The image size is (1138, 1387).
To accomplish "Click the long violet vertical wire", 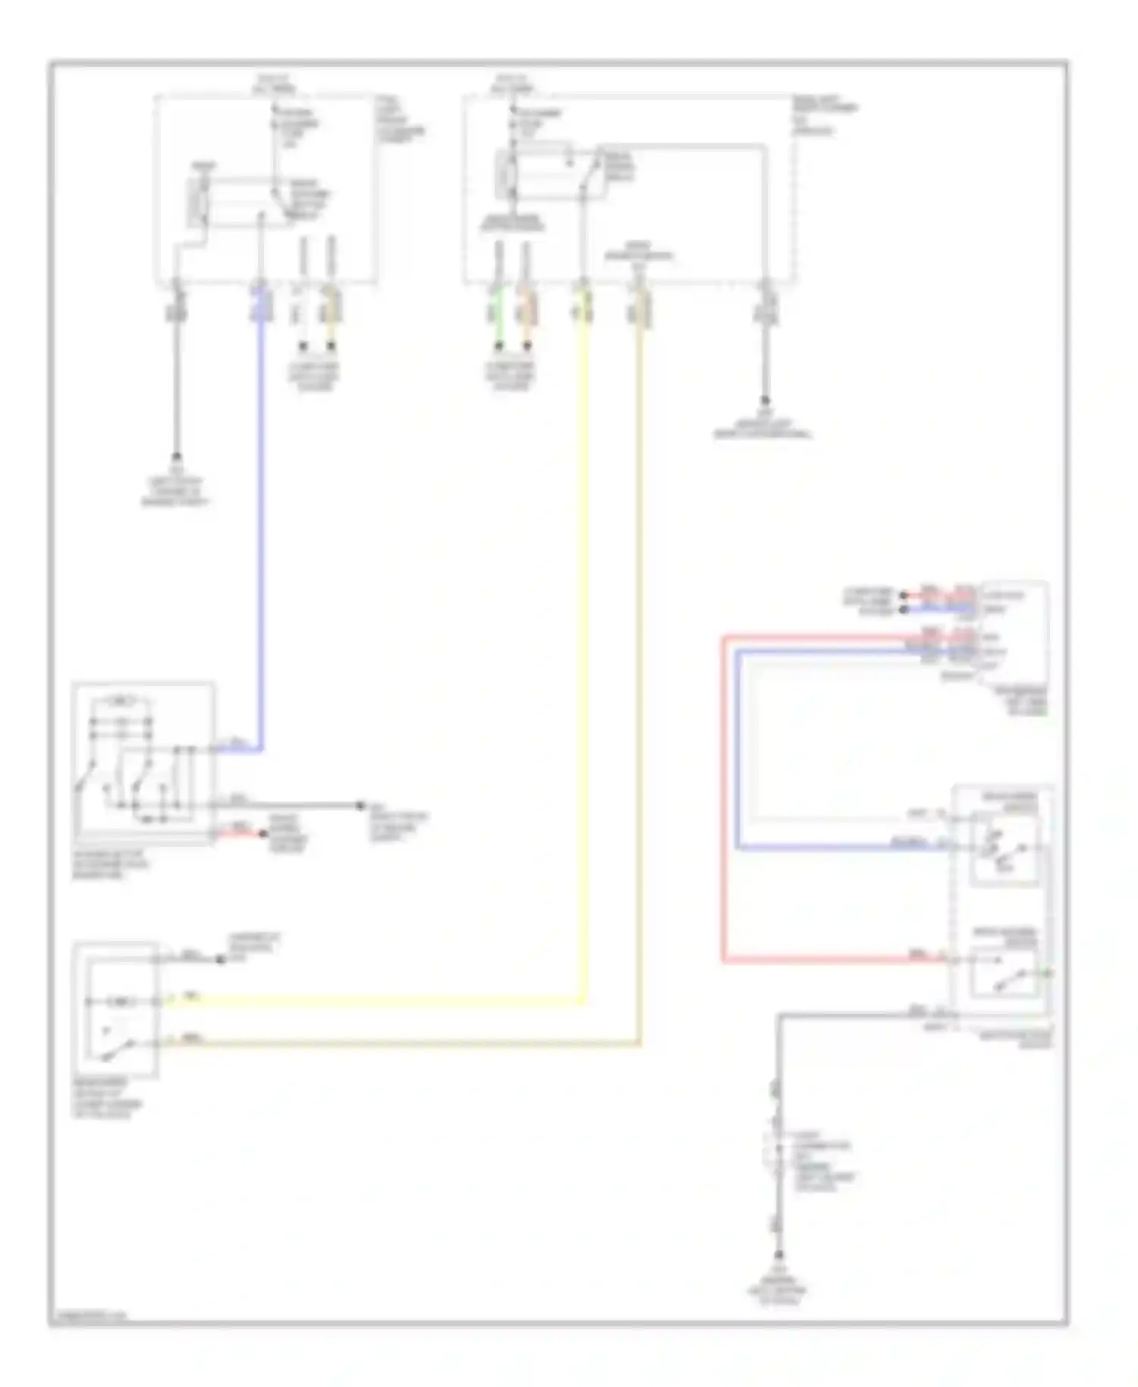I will point(261,531).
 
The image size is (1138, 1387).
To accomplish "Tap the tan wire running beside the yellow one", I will point(641,683).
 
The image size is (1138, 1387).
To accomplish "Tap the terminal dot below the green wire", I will point(499,347).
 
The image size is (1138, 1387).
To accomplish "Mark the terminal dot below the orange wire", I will point(527,347).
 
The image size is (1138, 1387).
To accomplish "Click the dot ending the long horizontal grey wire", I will point(361,805).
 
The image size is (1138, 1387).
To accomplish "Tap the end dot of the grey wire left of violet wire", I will point(176,457).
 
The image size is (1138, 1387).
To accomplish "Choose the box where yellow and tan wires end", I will point(116,1009).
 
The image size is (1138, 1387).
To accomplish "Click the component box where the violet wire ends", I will point(143,763).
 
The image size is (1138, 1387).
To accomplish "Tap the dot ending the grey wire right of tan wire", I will point(765,401).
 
